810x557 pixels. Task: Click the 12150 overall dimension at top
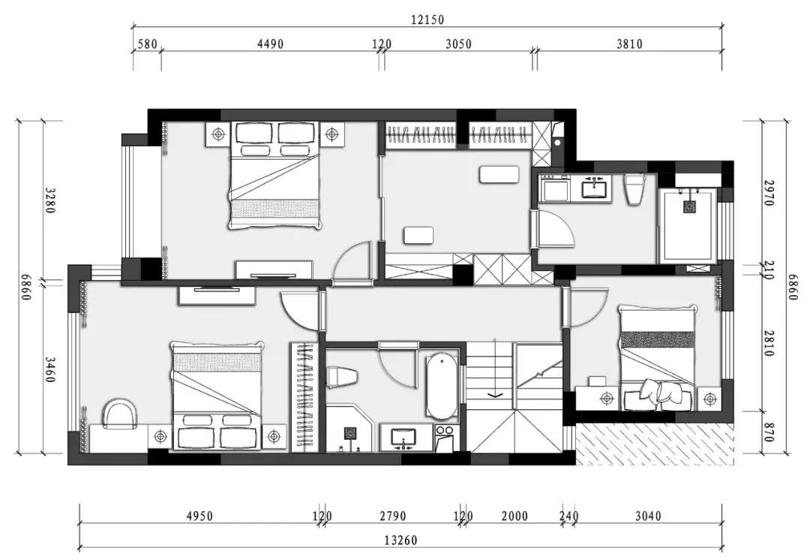tap(427, 20)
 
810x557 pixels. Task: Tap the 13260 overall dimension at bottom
tap(400, 540)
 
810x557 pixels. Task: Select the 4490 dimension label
tap(270, 44)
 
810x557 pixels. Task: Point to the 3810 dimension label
tap(629, 44)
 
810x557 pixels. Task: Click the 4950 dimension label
tap(199, 516)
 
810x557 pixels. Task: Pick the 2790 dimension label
tap(392, 516)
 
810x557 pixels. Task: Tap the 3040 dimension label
tap(648, 516)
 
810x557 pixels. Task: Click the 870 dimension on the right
tap(769, 432)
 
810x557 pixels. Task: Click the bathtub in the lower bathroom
tap(442, 387)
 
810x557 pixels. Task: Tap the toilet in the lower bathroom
tap(342, 377)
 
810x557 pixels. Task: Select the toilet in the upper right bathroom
tap(634, 189)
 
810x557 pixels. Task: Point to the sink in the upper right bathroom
tap(597, 187)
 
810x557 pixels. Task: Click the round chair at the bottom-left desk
tap(120, 413)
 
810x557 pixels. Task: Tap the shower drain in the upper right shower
tap(689, 207)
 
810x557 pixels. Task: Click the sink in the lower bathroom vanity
tap(403, 438)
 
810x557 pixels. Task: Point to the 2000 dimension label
tap(514, 516)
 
